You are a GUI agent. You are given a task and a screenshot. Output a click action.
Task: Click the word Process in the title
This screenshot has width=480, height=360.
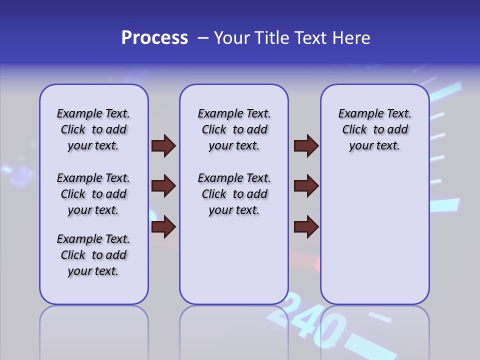click(154, 38)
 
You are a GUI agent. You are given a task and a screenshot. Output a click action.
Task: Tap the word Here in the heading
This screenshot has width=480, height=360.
click(351, 38)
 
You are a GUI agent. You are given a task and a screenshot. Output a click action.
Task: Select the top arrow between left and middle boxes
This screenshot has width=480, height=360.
click(163, 146)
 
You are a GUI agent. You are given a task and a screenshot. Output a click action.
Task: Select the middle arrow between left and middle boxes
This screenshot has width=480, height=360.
click(163, 186)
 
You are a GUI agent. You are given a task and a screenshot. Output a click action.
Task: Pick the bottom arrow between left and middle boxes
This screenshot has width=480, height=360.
click(163, 227)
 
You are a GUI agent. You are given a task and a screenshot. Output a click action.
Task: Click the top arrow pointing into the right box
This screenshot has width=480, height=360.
click(306, 146)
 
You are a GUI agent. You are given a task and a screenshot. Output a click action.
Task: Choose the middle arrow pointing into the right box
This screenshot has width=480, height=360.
click(306, 186)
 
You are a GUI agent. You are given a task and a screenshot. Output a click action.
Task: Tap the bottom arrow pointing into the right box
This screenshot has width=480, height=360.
click(306, 227)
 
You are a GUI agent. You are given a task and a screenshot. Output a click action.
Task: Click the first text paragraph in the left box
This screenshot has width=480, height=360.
click(93, 129)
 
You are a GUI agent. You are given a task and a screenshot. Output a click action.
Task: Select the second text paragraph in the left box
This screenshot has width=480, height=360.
click(93, 194)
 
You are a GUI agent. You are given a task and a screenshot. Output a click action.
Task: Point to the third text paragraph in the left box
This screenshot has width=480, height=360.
click(93, 255)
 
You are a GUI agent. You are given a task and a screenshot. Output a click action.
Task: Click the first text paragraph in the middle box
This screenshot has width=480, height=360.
click(234, 129)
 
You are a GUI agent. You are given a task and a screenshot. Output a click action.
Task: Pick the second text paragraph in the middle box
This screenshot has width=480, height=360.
click(234, 194)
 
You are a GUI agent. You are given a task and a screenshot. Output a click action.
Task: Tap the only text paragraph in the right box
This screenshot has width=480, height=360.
click(374, 129)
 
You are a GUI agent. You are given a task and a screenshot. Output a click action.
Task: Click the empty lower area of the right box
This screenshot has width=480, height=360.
click(374, 235)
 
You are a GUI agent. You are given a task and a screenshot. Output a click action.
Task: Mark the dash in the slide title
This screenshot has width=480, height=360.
click(203, 38)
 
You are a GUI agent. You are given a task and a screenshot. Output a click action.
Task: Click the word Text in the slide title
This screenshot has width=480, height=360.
click(309, 38)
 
